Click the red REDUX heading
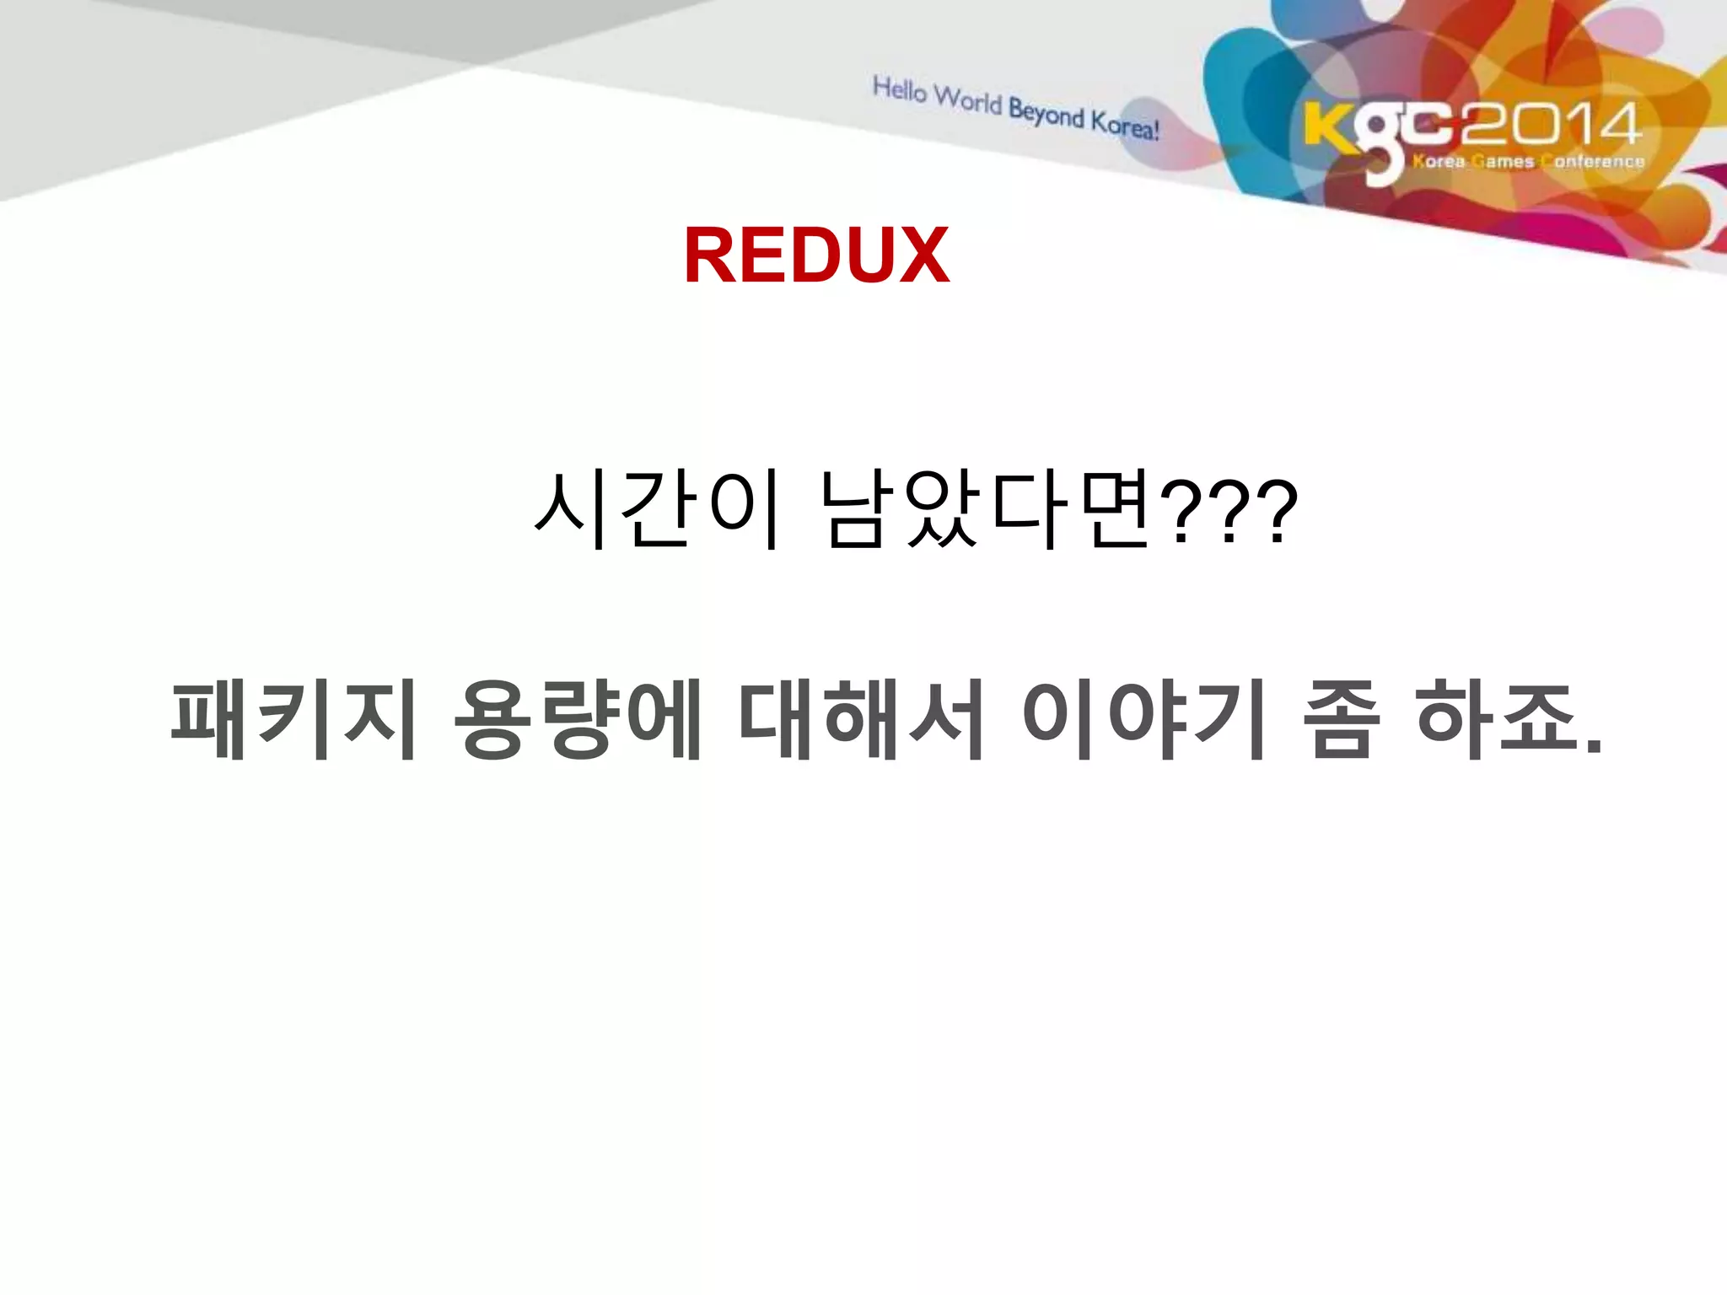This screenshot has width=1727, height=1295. click(x=816, y=255)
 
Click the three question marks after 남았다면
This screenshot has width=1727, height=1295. click(x=1228, y=511)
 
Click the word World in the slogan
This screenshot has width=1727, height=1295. click(x=968, y=100)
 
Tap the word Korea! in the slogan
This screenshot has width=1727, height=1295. click(x=1125, y=125)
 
